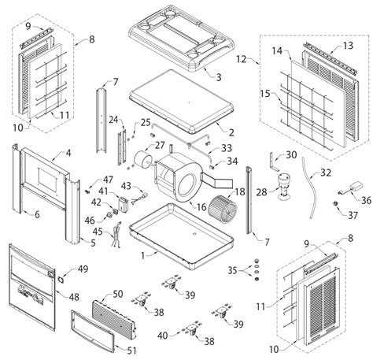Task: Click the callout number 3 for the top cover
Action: pyautogui.click(x=219, y=77)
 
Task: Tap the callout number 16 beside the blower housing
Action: pyautogui.click(x=201, y=207)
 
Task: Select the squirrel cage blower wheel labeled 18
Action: pyautogui.click(x=223, y=210)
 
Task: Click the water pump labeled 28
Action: pyautogui.click(x=283, y=187)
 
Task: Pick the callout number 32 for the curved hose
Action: pyautogui.click(x=325, y=173)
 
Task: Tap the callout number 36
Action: pyautogui.click(x=366, y=200)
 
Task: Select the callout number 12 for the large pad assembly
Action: pyautogui.click(x=241, y=59)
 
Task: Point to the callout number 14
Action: pyautogui.click(x=277, y=50)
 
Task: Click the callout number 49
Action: pyautogui.click(x=83, y=269)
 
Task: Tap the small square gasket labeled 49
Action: pyautogui.click(x=61, y=280)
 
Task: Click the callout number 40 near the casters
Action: pyautogui.click(x=162, y=336)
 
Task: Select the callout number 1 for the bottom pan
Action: pyautogui.click(x=142, y=255)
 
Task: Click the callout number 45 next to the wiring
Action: pyautogui.click(x=98, y=232)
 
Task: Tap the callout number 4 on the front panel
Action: pyautogui.click(x=68, y=153)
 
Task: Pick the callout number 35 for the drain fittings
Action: pyautogui.click(x=232, y=270)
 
